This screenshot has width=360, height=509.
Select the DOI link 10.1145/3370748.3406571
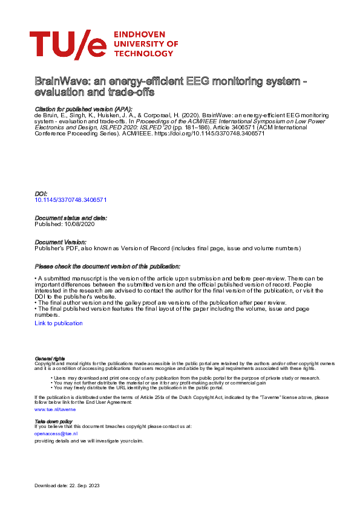point(71,199)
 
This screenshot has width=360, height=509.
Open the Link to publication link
point(59,323)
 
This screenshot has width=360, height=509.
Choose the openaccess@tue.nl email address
point(56,433)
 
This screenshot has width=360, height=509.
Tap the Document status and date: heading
point(71,218)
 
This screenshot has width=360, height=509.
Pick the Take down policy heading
point(53,421)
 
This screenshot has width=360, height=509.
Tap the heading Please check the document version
point(107,267)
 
